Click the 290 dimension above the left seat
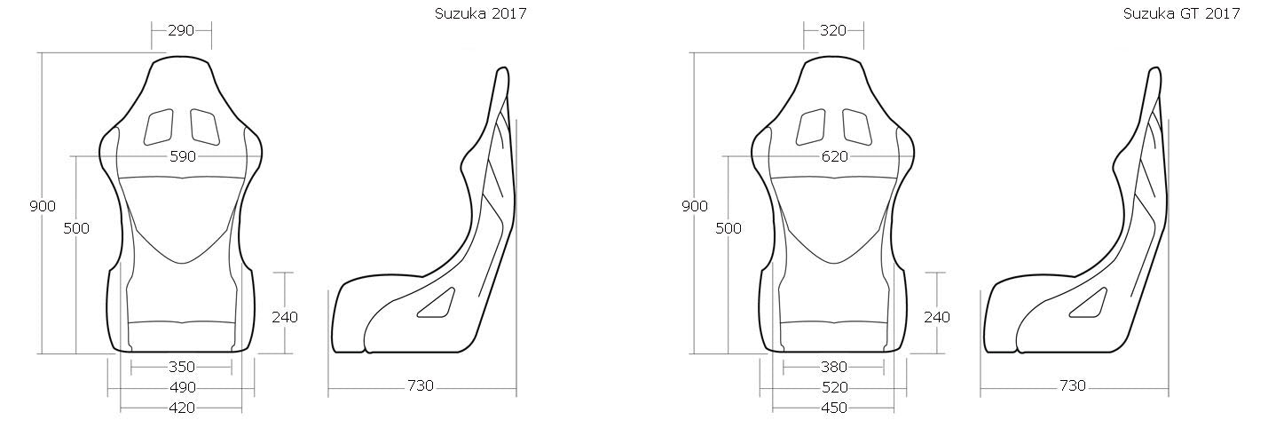coord(182,30)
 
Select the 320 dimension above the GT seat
coord(834,30)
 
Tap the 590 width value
coord(182,156)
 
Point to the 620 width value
coord(834,156)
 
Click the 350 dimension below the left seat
coord(182,366)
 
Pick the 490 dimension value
coord(182,387)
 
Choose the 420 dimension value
coord(182,408)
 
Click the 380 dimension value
coord(834,366)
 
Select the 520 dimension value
coord(834,387)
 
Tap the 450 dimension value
coord(834,408)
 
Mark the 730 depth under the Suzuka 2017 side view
coord(421,385)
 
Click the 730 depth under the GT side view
coord(1073,385)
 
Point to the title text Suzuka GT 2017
coord(1181,13)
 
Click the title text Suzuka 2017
coord(480,13)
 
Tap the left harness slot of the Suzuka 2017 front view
coord(160,126)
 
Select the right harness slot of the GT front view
coord(856,126)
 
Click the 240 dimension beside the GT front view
coord(936,317)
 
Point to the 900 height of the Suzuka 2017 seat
coord(43,206)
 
